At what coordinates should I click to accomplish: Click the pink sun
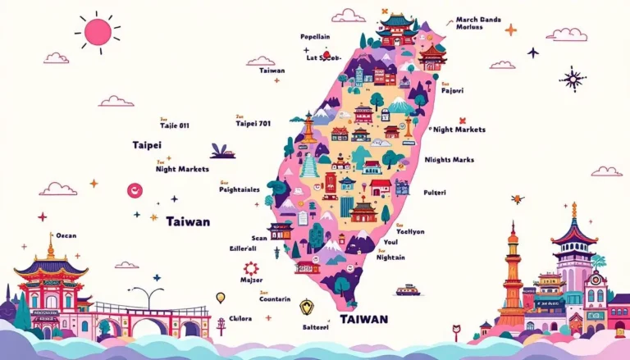point(98,31)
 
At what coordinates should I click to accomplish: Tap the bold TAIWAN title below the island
point(364,318)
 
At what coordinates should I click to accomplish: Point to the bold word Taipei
point(147,145)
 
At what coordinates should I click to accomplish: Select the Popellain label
point(315,38)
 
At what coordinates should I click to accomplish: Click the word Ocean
point(66,235)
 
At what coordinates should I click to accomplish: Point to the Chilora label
point(240,319)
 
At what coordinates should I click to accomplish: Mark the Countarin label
point(275,299)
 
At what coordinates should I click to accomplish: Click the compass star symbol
point(571,79)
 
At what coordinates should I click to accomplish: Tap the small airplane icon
point(533,52)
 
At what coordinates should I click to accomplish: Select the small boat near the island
point(408,290)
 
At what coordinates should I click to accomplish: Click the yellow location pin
point(220,297)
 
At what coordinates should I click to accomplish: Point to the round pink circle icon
point(135,190)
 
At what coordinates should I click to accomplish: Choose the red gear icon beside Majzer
point(250,268)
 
